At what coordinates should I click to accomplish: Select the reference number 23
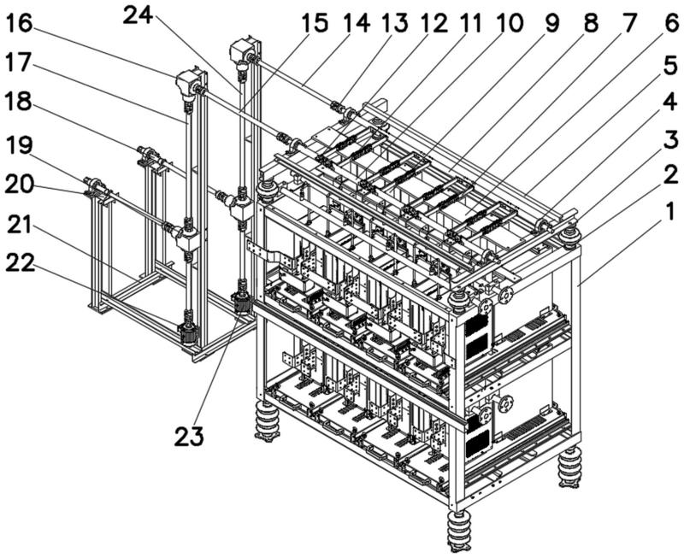coord(189,437)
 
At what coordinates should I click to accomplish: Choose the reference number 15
coord(314,23)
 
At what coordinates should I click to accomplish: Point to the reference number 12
coord(433,23)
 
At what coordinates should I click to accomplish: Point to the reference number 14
coord(355,23)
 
